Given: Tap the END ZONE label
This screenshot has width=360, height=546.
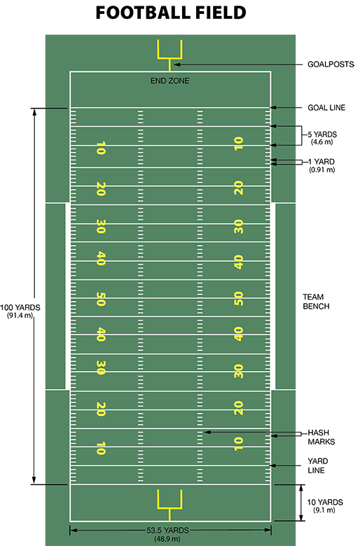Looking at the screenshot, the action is click(x=169, y=80).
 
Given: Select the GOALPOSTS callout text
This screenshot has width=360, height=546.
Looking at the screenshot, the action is click(x=331, y=64).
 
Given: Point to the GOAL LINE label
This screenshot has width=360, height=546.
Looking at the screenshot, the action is click(x=326, y=108).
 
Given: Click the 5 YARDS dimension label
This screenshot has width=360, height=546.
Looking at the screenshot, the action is click(x=322, y=134).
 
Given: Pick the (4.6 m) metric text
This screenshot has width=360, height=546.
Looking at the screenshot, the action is click(x=322, y=142).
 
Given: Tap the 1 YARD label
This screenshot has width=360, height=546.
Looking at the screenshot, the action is click(x=321, y=162).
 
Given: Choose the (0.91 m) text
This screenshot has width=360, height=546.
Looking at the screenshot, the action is click(x=322, y=170).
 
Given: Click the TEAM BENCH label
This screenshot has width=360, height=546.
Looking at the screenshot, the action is click(x=316, y=302).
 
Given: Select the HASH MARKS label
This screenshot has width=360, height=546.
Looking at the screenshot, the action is click(x=321, y=437).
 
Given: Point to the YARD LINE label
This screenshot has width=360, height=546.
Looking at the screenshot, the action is click(x=317, y=465).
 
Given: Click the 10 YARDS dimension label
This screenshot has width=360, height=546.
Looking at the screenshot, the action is click(x=325, y=502).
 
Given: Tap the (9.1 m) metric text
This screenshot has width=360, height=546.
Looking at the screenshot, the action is click(x=324, y=510).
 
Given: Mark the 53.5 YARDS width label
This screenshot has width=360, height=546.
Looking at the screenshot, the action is click(x=167, y=531).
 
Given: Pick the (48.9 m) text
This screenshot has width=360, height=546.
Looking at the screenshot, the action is click(x=167, y=539).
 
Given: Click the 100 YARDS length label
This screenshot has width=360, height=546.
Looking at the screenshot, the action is click(x=20, y=308).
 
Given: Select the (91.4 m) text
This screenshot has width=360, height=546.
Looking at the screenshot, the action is click(x=20, y=316).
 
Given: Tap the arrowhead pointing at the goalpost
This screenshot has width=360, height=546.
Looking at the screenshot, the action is click(x=176, y=64).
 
